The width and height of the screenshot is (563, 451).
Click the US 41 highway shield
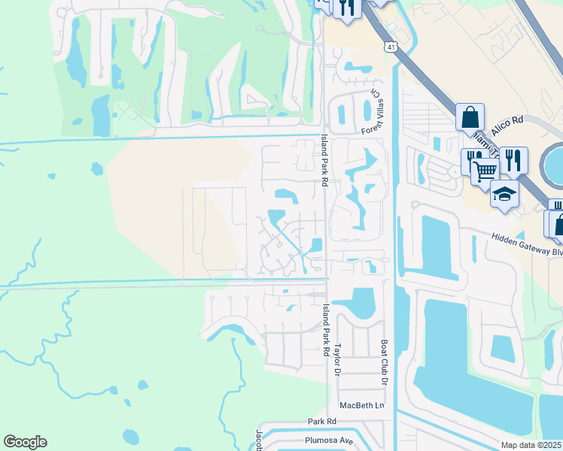pyautogui.click(x=390, y=47)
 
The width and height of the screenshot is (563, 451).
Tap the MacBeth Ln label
pyautogui.click(x=361, y=405)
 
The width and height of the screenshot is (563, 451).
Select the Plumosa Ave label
pyautogui.click(x=329, y=440)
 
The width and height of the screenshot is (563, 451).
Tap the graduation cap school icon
pyautogui.click(x=504, y=195)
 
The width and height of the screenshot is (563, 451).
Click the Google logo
pyautogui.click(x=25, y=442)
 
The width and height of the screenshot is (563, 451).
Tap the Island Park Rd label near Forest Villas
pyautogui.click(x=324, y=160)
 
